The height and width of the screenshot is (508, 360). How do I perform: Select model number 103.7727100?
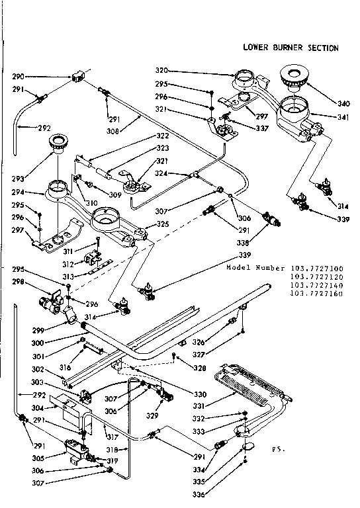pos(313,269)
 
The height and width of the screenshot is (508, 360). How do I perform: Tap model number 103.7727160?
pos(313,294)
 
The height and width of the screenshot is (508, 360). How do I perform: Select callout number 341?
pos(342,117)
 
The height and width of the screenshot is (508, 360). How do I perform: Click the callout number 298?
pos(19,281)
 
